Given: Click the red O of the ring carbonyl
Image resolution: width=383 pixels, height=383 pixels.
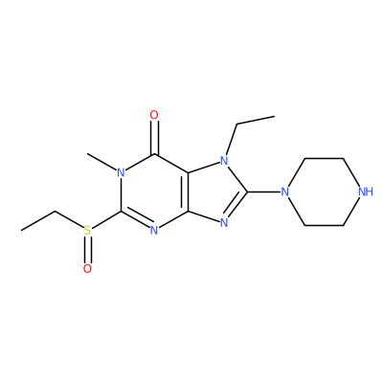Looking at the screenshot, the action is pos(154,115).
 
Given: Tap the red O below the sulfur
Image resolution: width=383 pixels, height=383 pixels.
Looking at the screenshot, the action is pos(87,268).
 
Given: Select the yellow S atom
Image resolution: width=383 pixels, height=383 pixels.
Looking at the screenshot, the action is pos(87,231).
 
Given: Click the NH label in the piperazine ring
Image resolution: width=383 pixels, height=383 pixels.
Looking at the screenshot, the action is pos(365,191).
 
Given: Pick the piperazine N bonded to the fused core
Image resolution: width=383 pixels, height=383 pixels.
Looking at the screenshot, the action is pos(284,191).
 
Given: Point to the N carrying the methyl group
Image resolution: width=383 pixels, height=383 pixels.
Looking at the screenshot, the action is pos(121,172).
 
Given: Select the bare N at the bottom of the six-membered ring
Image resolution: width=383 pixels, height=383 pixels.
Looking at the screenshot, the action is pos(154,231).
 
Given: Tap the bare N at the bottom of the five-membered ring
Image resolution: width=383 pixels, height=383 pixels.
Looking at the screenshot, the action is pos(225,223).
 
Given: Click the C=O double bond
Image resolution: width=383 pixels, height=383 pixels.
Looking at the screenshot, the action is pos(154,138).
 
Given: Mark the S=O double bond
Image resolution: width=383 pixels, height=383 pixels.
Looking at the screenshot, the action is pos(88,250).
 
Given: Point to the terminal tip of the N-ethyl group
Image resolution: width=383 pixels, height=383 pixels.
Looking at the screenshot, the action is pos(274,116).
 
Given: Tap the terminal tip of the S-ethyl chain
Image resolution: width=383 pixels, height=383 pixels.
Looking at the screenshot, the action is pos(21,230).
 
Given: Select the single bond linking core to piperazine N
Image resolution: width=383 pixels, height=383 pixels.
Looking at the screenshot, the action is pos(264,191).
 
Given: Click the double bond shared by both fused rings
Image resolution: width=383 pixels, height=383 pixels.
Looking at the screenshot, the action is pos(187,191).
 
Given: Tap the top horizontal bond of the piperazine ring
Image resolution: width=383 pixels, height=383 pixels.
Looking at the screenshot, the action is pos(324,158).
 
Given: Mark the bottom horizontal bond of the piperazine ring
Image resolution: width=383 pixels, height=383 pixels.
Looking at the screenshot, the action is pos(324,226).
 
